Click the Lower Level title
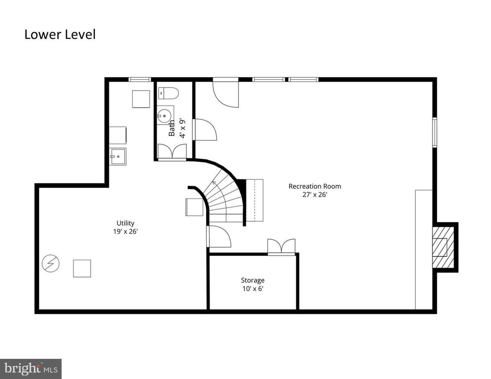tap(60, 34)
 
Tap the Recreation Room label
tap(315, 186)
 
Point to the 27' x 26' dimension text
tap(315, 195)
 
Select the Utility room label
tap(125, 223)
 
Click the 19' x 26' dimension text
tap(125, 231)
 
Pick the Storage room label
tap(253, 280)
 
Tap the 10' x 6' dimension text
tap(253, 288)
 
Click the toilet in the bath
tap(168, 93)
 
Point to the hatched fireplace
tap(443, 247)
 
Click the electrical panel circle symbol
tap(51, 263)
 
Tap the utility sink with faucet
tap(118, 156)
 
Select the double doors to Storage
tap(281, 246)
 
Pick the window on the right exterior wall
tap(434, 132)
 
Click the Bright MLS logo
tap(31, 369)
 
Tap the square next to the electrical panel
tap(82, 268)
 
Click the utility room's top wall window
tap(140, 80)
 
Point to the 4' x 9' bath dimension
tap(182, 128)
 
